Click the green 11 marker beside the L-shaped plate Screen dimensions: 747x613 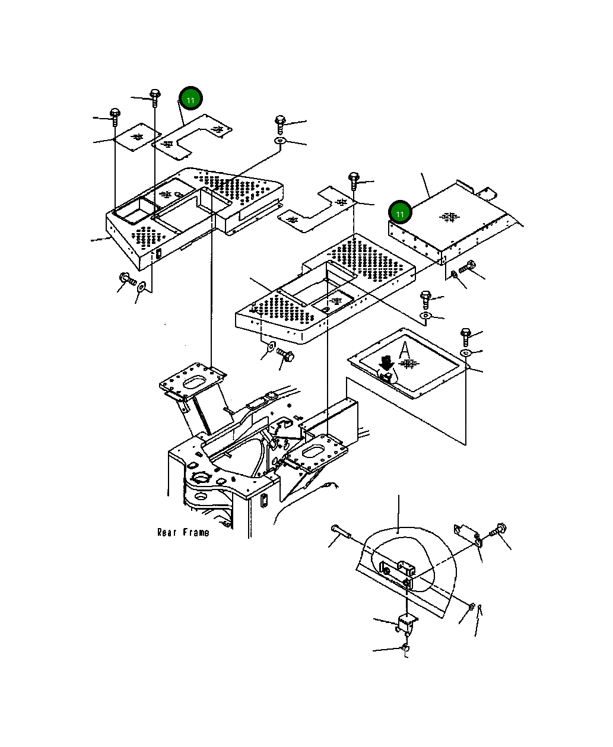pyautogui.click(x=190, y=100)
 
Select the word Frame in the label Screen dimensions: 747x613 pyautogui.click(x=195, y=532)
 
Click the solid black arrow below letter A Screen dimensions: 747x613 pyautogui.click(x=387, y=362)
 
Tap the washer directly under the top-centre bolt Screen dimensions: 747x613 pyautogui.click(x=280, y=141)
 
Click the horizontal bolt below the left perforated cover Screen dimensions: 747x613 pyautogui.click(x=128, y=278)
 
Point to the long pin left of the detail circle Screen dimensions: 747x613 pyautogui.click(x=341, y=532)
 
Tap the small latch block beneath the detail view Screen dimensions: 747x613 pyautogui.click(x=406, y=623)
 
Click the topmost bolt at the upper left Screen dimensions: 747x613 pyautogui.click(x=155, y=96)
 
